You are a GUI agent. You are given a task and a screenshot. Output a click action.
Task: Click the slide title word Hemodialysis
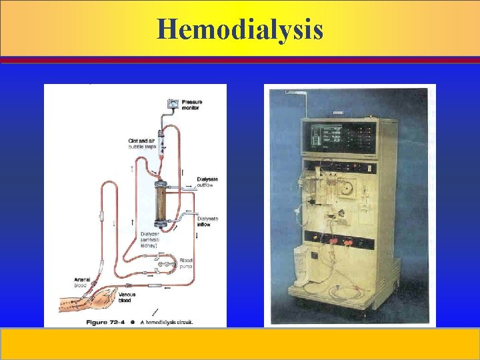tap(240, 29)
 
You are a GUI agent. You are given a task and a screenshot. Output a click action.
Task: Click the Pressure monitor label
tap(191, 105)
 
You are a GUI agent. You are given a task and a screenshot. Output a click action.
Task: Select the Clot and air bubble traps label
tap(143, 143)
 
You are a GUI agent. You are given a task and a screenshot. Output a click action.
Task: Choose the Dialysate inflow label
tap(207, 221)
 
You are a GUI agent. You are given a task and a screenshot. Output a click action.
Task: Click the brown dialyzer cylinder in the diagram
tap(161, 203)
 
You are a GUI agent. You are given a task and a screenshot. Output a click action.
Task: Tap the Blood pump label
tap(186, 263)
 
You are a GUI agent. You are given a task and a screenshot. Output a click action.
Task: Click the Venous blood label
tap(127, 296)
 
